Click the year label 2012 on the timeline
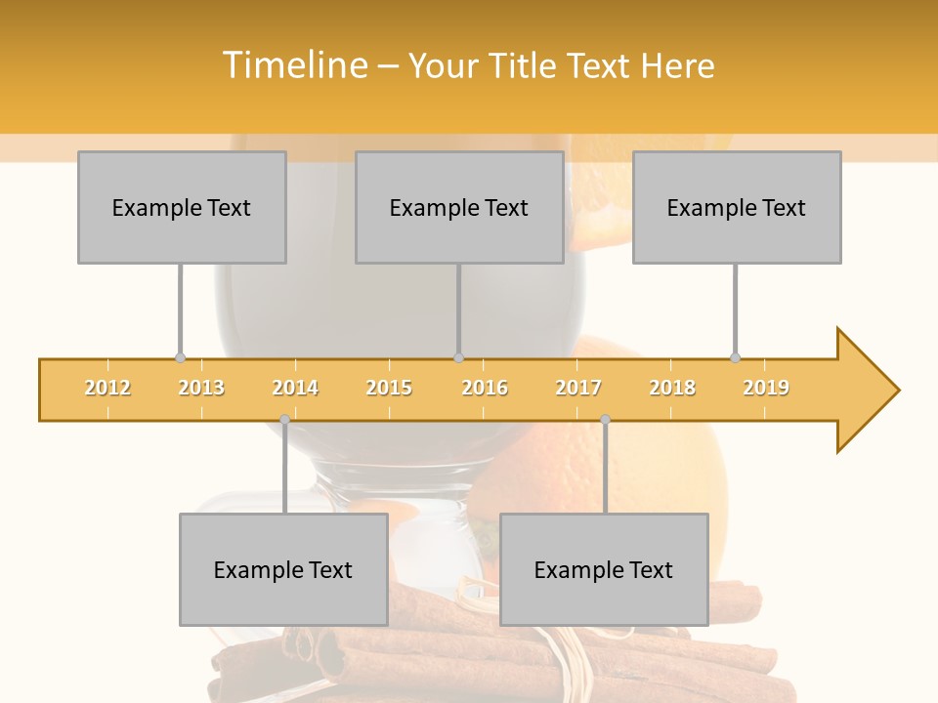click(107, 388)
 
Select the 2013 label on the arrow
click(201, 388)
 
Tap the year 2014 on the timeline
click(295, 388)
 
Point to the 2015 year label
click(389, 388)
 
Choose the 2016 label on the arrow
click(485, 388)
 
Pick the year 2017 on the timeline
click(578, 388)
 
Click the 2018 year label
click(672, 388)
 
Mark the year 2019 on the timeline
click(766, 388)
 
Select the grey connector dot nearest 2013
click(180, 358)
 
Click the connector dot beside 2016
click(458, 358)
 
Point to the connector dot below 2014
click(284, 420)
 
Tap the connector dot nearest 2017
click(605, 420)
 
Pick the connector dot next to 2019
click(736, 358)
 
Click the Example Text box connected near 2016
click(459, 207)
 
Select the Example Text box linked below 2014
click(283, 569)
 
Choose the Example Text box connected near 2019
click(737, 207)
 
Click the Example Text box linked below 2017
click(604, 569)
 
